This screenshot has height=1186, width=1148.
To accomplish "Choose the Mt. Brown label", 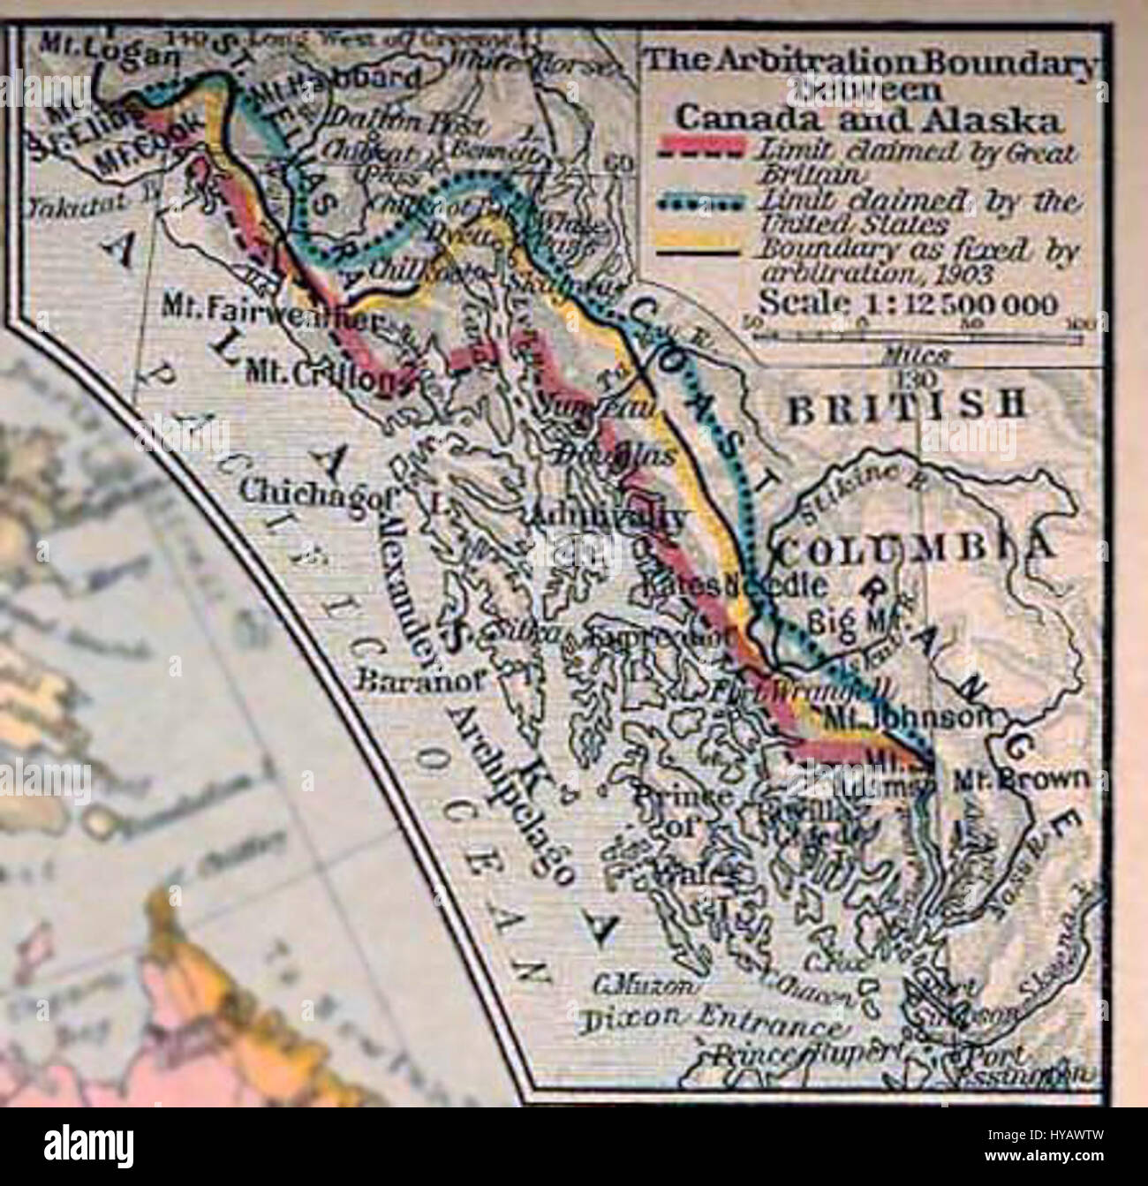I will click(1023, 780).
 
